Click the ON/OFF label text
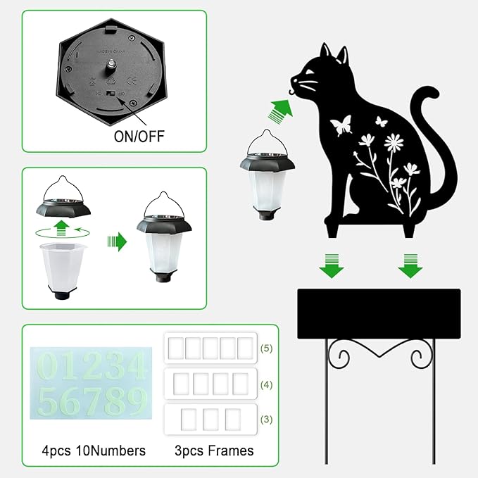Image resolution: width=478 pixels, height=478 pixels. coord(139,136)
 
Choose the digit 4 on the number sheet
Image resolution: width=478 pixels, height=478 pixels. coord(136,367)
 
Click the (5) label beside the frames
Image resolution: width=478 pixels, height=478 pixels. coord(267,348)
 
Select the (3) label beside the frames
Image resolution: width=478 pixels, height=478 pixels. coord(267,420)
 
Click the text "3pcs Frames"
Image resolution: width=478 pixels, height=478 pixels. coord(214,450)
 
